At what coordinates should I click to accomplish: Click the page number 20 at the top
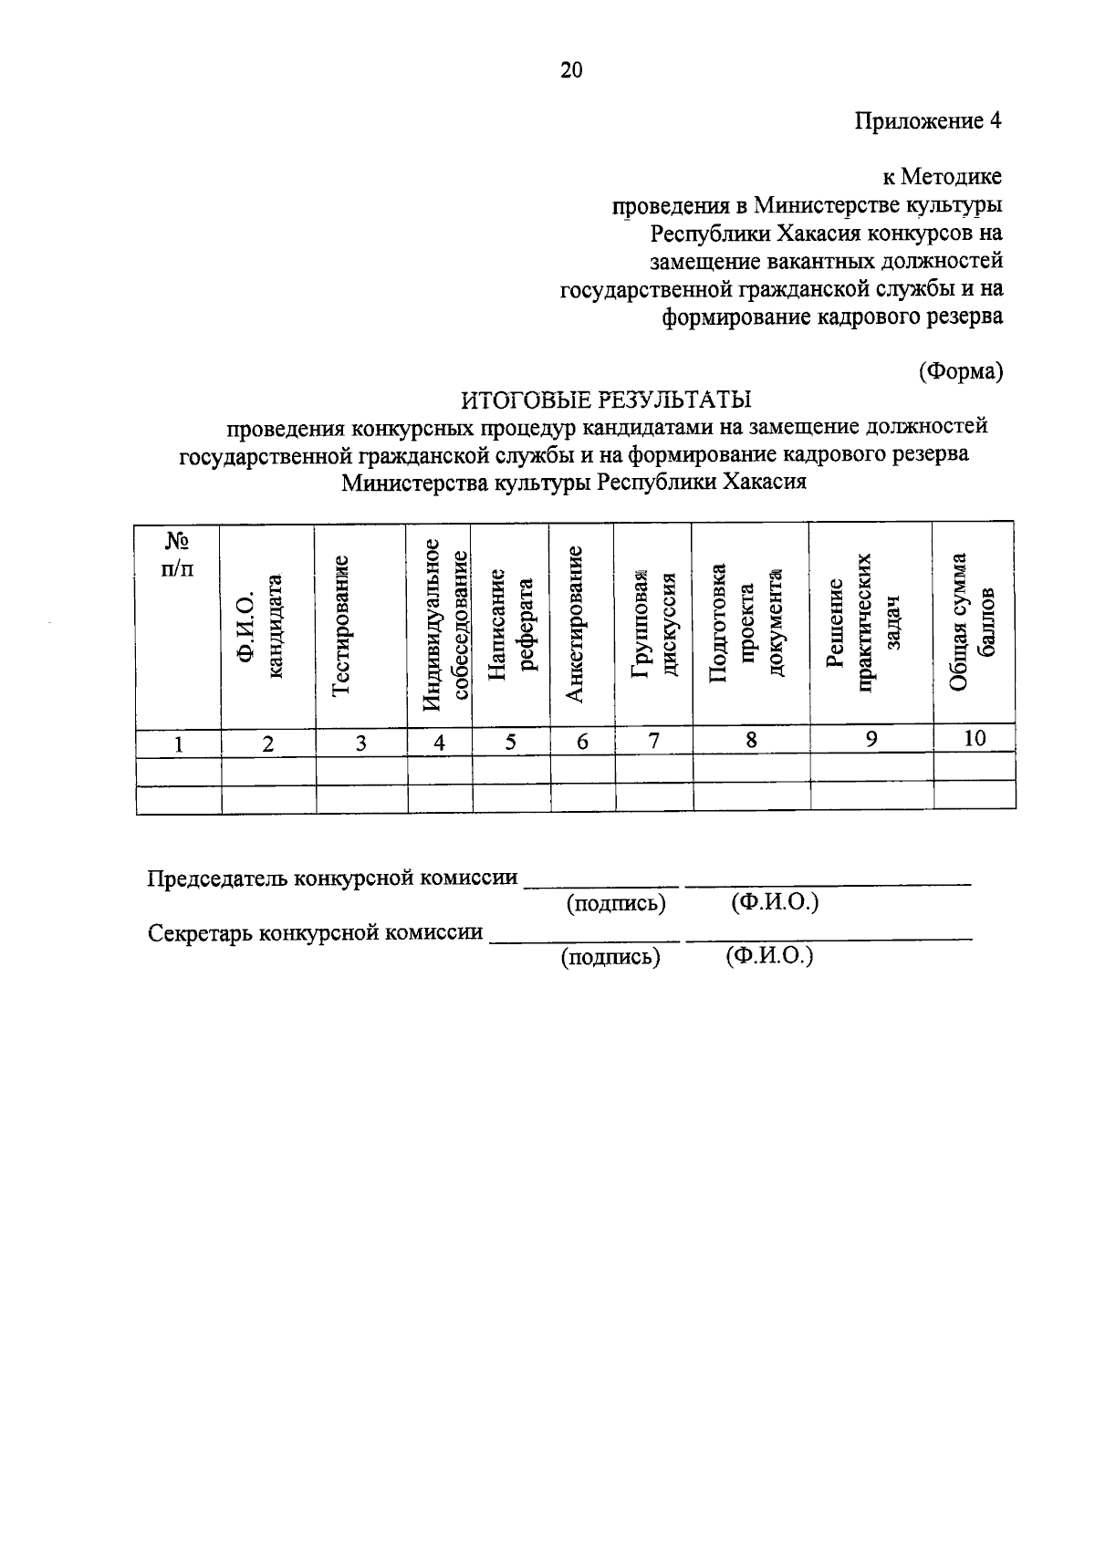point(571,70)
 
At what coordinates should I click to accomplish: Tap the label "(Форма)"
point(960,371)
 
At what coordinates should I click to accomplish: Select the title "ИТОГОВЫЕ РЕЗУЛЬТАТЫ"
point(606,400)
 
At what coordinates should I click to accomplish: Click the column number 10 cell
point(975,739)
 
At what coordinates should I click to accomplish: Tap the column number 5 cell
point(511,743)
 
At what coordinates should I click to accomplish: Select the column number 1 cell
point(180,744)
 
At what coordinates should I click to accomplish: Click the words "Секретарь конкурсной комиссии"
point(316,933)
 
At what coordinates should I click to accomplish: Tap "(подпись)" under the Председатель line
point(616,904)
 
